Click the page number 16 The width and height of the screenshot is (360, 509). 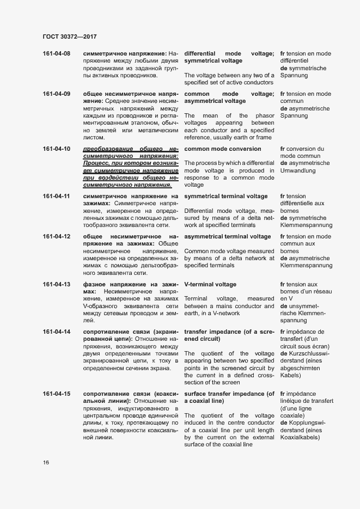(x=46, y=462)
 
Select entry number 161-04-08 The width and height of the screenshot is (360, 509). (x=57, y=54)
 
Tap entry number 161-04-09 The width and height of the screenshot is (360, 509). (x=57, y=94)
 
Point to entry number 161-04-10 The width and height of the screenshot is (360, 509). (x=57, y=149)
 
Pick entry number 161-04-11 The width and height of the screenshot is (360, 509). (x=57, y=196)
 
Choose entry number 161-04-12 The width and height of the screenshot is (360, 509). (x=57, y=237)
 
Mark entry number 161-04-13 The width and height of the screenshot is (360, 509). (x=57, y=284)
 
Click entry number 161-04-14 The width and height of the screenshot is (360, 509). (x=57, y=332)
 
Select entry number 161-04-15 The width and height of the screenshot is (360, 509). (x=57, y=394)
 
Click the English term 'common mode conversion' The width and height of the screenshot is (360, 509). (x=223, y=149)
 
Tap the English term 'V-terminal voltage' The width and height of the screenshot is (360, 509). (x=210, y=284)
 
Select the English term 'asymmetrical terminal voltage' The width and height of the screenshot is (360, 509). (x=228, y=237)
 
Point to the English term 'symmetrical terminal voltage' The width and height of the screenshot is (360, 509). (x=226, y=196)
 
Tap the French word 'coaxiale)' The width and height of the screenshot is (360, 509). (x=292, y=415)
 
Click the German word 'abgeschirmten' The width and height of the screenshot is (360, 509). (x=301, y=368)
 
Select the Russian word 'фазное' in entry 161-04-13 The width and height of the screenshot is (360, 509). (x=93, y=284)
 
